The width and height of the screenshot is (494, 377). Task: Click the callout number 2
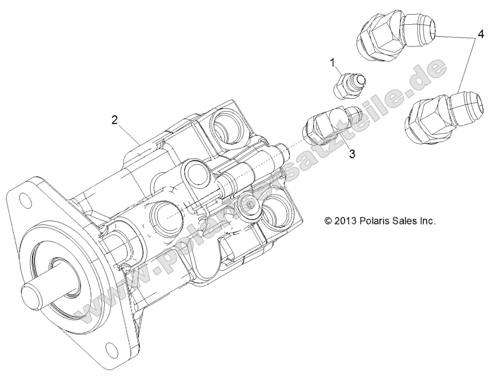[x=114, y=120]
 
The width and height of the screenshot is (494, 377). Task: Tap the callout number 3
[x=353, y=154]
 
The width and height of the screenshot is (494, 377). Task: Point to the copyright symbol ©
[x=328, y=221]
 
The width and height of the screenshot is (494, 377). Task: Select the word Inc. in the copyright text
[x=427, y=221]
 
